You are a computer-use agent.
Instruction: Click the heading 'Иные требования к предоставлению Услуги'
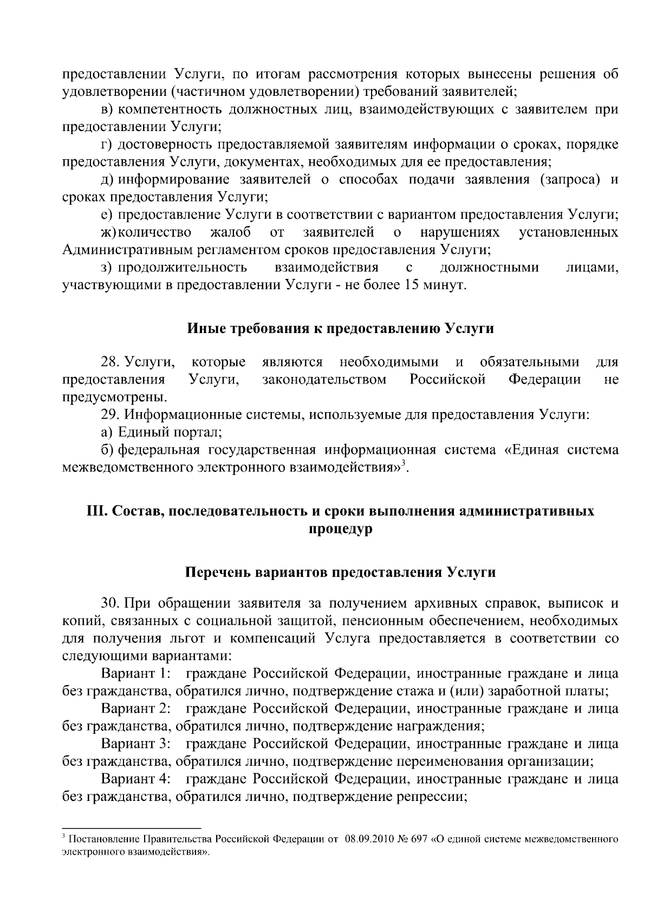340,328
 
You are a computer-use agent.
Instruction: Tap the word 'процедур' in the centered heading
340,529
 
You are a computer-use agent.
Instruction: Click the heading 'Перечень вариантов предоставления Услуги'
340,572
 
